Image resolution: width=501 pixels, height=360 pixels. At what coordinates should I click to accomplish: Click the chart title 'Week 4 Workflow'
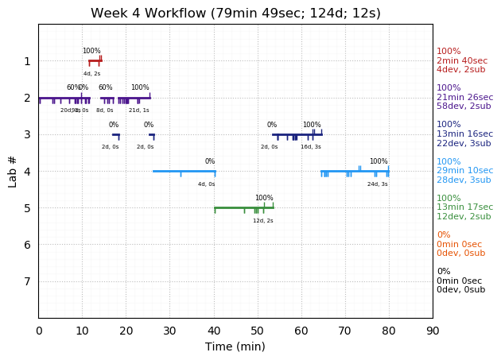(235, 14)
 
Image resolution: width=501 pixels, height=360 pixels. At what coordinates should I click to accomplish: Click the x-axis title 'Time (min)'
(235, 346)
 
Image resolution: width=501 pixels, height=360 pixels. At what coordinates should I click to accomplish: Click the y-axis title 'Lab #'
(12, 171)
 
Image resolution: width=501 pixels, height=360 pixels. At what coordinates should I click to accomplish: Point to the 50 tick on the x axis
(258, 318)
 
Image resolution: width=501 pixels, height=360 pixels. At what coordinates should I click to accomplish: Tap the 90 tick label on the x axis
(433, 329)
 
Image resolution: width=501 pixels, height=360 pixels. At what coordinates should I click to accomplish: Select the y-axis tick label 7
(27, 281)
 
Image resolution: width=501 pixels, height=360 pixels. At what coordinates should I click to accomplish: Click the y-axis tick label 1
(27, 61)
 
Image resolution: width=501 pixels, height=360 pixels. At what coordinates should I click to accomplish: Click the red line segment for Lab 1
(95, 61)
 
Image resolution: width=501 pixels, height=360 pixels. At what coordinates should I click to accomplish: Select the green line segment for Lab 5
(243, 207)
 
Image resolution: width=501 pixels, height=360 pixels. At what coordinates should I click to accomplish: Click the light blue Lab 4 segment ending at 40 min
(184, 171)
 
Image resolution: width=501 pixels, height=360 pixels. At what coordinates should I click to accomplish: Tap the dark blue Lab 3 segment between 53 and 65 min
(297, 134)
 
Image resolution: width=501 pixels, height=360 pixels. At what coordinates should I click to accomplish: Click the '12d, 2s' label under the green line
(263, 220)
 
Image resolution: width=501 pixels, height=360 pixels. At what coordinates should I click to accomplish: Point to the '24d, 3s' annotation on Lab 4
(378, 184)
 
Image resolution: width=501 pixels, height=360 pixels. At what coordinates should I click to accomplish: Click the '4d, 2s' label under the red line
(92, 74)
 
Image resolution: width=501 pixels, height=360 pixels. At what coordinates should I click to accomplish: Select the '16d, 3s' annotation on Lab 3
(311, 147)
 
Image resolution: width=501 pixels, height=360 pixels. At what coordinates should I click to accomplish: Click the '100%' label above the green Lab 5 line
(264, 198)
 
